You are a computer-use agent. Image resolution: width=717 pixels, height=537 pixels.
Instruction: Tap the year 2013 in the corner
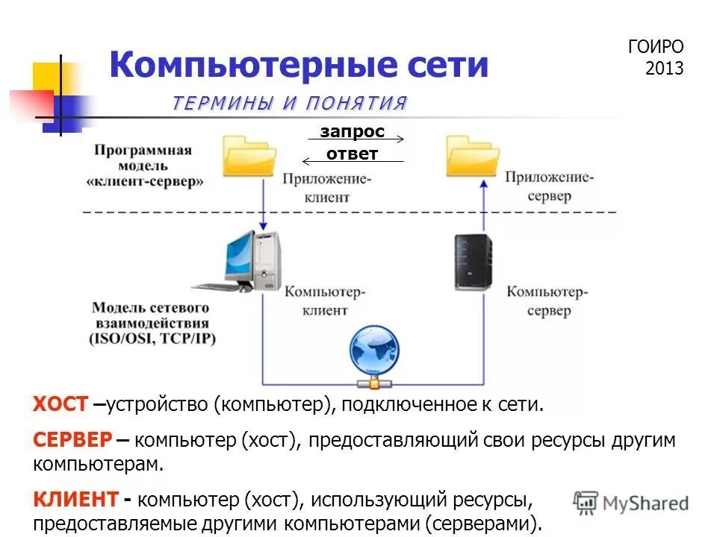tap(664, 69)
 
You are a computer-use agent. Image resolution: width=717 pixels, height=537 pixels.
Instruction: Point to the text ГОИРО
tap(655, 47)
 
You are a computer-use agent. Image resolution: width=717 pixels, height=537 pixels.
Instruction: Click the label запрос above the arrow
tap(352, 131)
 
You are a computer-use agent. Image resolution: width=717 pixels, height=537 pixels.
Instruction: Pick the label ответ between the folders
tap(352, 154)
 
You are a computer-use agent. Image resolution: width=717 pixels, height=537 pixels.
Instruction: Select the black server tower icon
tap(474, 261)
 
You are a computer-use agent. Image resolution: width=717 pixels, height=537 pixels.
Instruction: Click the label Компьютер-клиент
tap(325, 300)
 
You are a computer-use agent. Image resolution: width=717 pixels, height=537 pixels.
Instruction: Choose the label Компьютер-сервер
tap(548, 300)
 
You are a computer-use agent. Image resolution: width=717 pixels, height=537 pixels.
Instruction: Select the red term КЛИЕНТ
tap(75, 498)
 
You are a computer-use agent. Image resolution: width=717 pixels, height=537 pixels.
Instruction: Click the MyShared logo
tap(632, 503)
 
